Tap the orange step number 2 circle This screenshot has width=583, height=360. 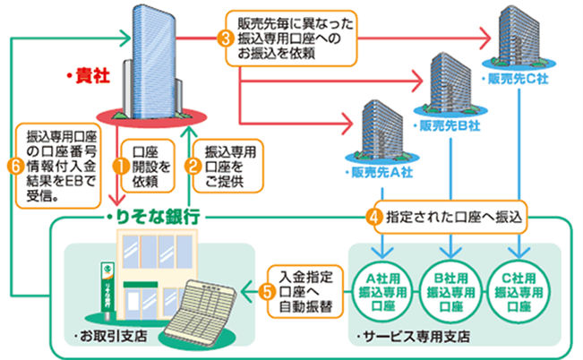(x=192, y=165)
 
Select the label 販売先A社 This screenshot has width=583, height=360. (x=372, y=170)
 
